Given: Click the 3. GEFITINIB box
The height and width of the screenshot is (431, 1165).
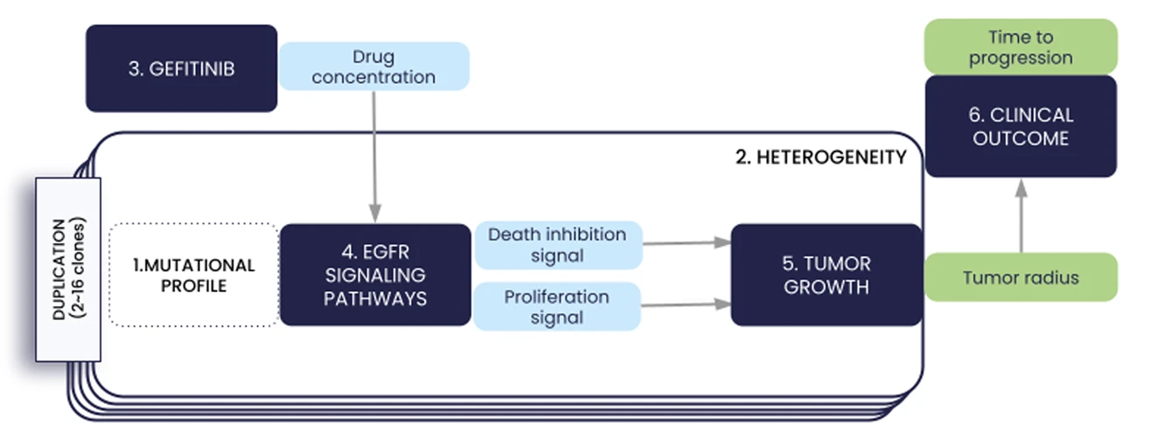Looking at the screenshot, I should tap(181, 68).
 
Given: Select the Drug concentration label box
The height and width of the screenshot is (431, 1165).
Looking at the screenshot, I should tap(373, 66).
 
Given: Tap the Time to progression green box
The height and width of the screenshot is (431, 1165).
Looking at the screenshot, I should tap(1021, 47).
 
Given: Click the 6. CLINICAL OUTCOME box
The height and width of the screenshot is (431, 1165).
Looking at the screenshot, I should tap(1021, 127).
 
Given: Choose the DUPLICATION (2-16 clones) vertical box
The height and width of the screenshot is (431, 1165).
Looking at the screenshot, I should tap(68, 269).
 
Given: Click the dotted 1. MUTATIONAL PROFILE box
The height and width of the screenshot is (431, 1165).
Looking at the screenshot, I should tap(194, 275).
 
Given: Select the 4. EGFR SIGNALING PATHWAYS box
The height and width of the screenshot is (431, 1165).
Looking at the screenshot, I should tap(375, 275).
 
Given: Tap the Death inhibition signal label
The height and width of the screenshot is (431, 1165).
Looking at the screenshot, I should tap(557, 246).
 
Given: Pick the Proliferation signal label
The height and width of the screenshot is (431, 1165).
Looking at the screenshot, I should tap(557, 306).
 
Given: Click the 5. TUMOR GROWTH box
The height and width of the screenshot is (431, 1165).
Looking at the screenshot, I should tap(827, 275).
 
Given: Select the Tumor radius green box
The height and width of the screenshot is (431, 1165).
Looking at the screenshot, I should tap(1021, 278).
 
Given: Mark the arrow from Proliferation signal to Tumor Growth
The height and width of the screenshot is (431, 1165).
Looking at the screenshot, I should tap(686, 304).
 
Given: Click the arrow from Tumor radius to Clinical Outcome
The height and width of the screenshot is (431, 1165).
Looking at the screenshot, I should tap(1020, 215).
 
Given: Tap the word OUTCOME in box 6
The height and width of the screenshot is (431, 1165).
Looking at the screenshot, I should tap(1021, 138).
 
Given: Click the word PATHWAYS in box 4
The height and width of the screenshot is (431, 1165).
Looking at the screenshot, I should tap(375, 298).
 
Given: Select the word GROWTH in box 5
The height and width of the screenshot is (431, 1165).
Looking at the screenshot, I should tap(827, 287).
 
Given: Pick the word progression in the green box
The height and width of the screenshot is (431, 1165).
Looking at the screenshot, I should tap(1021, 59).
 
